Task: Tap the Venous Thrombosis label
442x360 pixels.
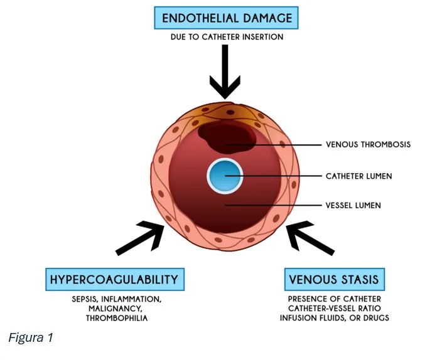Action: point(368,144)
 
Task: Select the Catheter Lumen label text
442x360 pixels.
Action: point(358,176)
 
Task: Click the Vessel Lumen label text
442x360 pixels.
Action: point(353,205)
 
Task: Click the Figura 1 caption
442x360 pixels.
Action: point(30,337)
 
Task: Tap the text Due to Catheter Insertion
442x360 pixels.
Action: point(227,37)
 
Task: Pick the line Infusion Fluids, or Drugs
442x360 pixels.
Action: point(335,318)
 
